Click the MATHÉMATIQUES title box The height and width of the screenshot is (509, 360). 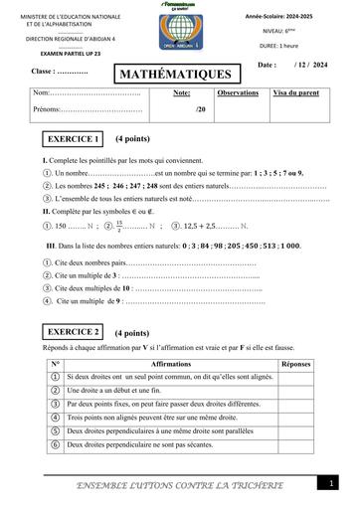[176, 75]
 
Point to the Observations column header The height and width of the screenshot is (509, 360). [238, 92]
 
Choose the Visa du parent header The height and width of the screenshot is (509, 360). [296, 92]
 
